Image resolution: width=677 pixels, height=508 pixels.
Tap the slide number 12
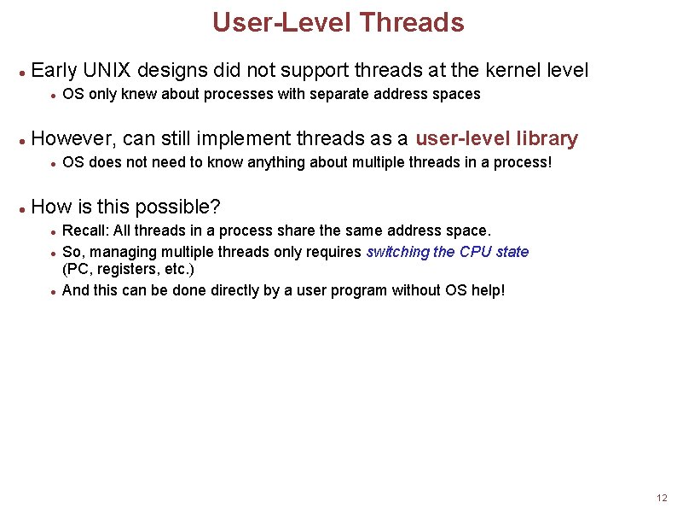pyautogui.click(x=662, y=498)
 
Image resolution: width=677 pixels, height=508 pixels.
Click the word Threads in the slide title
pyautogui.click(x=411, y=22)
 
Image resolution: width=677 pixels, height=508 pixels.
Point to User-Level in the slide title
pyautogui.click(x=281, y=22)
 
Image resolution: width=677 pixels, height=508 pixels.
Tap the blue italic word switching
pyautogui.click(x=397, y=252)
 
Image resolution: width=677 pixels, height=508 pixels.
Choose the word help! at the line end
pyautogui.click(x=487, y=290)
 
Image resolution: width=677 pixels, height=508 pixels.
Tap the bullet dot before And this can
pyautogui.click(x=53, y=292)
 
